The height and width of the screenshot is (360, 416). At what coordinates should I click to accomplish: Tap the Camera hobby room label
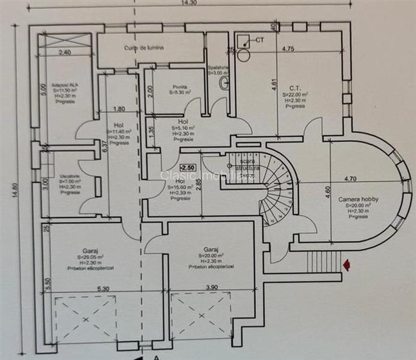click(x=358, y=199)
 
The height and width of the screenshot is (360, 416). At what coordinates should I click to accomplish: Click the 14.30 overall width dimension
click(x=188, y=3)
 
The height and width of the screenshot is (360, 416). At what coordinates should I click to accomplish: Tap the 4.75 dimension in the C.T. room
click(x=287, y=48)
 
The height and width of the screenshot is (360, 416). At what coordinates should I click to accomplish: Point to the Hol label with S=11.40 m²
click(x=118, y=126)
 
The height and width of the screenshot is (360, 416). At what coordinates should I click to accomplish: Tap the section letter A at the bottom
click(x=156, y=357)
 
